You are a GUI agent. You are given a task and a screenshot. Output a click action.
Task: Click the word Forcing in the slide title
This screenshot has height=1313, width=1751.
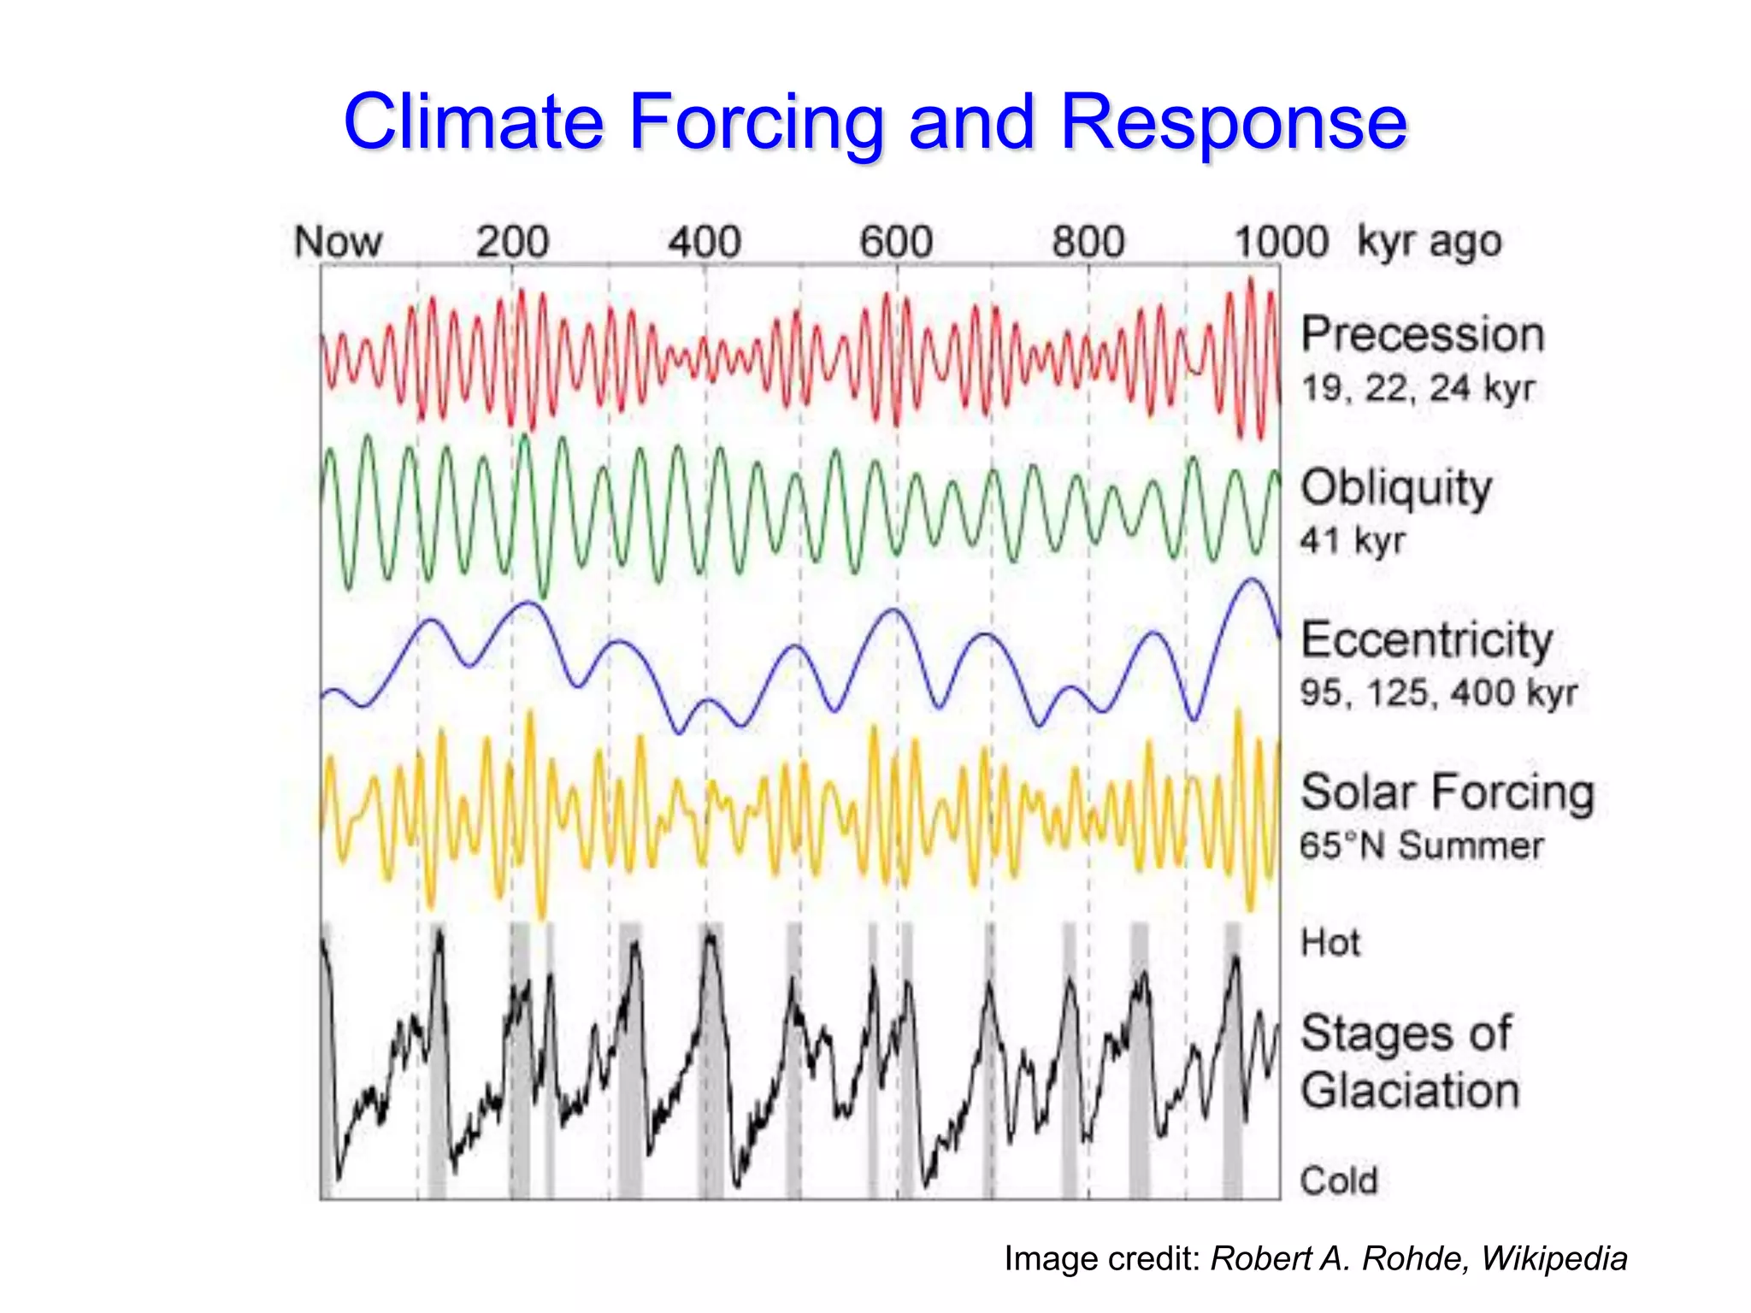coord(756,122)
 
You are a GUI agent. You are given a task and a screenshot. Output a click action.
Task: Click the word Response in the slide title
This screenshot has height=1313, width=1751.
coord(1233,122)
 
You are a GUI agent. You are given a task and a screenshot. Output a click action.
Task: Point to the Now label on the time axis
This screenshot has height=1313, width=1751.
coord(338,242)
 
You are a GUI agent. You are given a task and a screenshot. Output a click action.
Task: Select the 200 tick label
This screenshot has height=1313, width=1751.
coord(512,242)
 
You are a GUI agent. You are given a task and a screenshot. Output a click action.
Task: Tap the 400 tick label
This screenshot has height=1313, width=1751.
coord(704,242)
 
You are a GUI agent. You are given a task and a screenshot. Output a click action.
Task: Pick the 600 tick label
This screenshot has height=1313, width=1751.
coord(895,242)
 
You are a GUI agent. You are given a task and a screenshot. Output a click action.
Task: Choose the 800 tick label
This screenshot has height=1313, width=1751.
coord(1088,242)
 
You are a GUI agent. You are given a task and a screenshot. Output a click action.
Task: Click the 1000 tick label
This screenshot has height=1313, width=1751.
coord(1281,242)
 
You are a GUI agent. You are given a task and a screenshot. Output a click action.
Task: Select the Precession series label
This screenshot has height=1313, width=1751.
coord(1423,334)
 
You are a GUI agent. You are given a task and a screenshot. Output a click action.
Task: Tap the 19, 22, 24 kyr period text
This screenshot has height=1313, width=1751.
coord(1418,388)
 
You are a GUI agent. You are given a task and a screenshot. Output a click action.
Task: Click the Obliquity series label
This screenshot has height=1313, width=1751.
coord(1396,488)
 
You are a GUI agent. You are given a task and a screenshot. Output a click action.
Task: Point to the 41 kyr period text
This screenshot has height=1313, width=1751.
coord(1353,540)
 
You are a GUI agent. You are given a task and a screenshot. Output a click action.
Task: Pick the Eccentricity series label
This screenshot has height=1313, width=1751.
coord(1426,640)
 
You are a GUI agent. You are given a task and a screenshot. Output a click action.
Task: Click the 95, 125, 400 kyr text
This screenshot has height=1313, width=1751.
coord(1438,692)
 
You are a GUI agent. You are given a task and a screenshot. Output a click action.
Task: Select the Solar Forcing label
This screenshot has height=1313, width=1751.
coord(1447,792)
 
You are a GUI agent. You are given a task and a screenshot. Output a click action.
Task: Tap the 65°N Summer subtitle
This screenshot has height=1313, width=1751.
coord(1421,845)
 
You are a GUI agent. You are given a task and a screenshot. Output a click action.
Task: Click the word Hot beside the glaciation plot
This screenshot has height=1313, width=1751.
coord(1330,943)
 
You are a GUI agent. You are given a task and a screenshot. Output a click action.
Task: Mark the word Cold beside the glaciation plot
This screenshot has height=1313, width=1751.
coord(1339,1181)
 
